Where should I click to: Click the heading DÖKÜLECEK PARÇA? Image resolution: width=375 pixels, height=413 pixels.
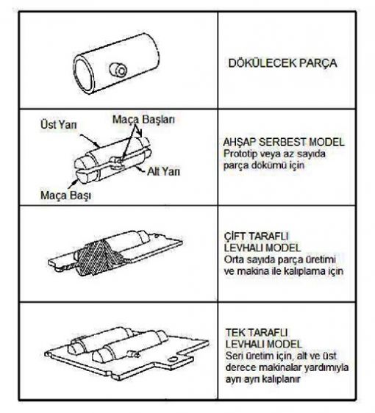click(282, 63)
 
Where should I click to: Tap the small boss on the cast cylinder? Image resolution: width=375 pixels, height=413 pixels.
click(118, 70)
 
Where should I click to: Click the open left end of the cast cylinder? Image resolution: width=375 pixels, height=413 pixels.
click(84, 74)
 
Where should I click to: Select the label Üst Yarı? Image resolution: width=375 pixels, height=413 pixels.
click(59, 125)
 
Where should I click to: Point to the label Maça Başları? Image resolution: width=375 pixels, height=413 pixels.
click(143, 120)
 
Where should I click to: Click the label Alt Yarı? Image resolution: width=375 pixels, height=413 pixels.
click(163, 171)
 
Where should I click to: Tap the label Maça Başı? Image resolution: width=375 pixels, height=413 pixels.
click(65, 195)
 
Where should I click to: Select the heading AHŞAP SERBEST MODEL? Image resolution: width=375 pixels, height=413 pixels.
click(284, 143)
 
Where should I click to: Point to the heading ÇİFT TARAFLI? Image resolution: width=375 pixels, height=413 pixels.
click(256, 236)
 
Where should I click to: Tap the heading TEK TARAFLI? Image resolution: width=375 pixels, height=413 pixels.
click(256, 332)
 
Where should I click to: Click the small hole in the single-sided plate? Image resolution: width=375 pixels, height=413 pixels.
click(173, 359)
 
